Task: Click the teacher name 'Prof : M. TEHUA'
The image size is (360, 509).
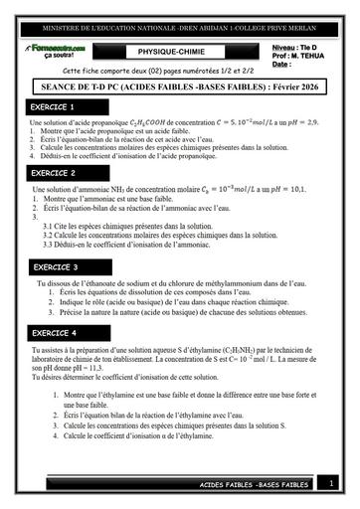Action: click(x=299, y=56)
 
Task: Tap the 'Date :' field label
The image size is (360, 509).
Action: click(x=282, y=65)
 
